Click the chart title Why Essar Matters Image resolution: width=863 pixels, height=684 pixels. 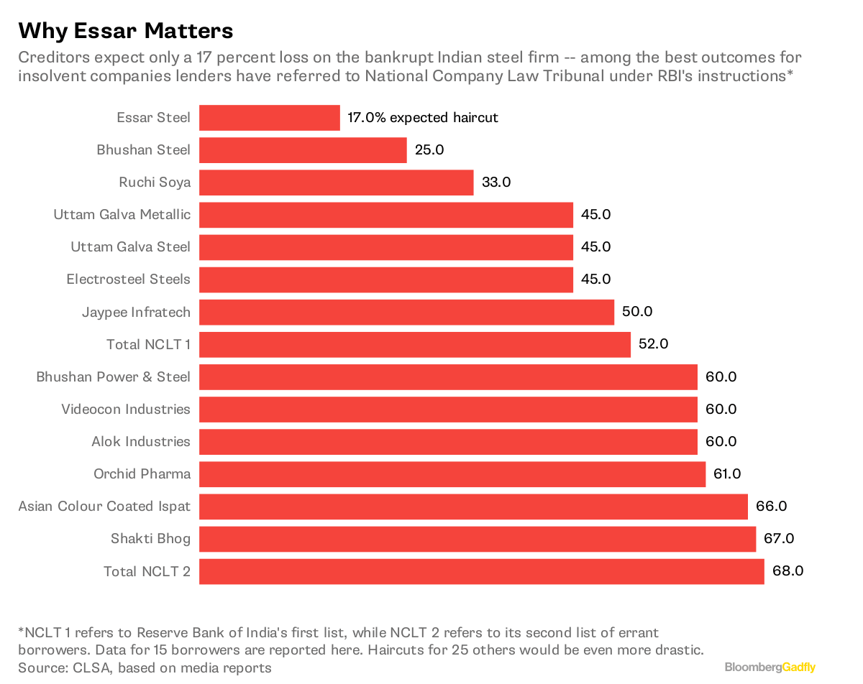[126, 31]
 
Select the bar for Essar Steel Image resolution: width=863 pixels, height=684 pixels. [269, 118]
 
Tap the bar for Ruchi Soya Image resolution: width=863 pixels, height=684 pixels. [336, 182]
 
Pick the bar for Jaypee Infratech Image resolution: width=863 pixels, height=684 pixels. [406, 312]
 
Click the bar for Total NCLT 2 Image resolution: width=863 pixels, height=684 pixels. [481, 571]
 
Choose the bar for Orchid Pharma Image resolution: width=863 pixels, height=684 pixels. [452, 474]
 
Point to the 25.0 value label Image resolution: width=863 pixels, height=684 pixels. [430, 150]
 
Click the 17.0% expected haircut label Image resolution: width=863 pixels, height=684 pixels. [422, 118]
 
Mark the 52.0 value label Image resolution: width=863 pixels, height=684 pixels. [654, 344]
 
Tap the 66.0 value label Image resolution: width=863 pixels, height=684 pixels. [772, 507]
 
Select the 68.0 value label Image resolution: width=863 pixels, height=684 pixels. [787, 571]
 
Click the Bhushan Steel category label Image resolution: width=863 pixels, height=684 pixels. [144, 150]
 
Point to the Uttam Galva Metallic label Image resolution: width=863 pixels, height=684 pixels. [122, 215]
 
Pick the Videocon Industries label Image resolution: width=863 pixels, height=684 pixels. [126, 410]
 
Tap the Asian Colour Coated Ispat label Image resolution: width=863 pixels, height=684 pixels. [104, 507]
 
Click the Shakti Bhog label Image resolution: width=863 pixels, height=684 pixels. [150, 539]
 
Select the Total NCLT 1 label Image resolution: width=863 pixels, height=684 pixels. [148, 345]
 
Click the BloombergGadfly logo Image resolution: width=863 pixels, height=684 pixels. [770, 667]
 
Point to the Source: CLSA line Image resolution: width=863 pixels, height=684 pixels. [145, 668]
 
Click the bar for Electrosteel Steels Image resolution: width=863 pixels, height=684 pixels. [385, 279]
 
